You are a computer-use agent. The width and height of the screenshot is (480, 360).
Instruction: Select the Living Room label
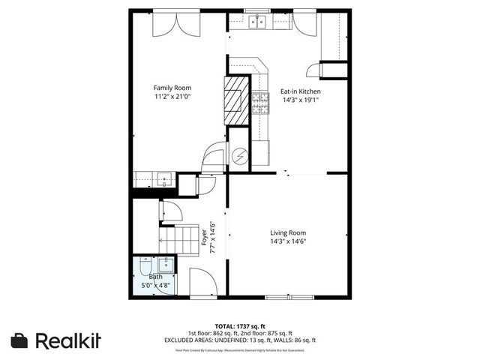[288, 232]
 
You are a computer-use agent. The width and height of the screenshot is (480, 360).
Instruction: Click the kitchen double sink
[259, 22]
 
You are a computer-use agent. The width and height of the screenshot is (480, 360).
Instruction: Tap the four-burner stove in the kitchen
[261, 101]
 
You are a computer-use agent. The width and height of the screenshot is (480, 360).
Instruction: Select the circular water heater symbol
[239, 156]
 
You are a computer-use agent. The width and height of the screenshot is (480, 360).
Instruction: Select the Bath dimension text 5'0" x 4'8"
[155, 285]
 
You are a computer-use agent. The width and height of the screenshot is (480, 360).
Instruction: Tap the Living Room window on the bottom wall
[288, 298]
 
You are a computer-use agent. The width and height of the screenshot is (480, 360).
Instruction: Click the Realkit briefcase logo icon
[20, 340]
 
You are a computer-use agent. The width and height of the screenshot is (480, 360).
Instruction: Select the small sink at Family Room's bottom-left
[163, 178]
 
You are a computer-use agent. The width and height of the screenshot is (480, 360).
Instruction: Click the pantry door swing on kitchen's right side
[331, 70]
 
